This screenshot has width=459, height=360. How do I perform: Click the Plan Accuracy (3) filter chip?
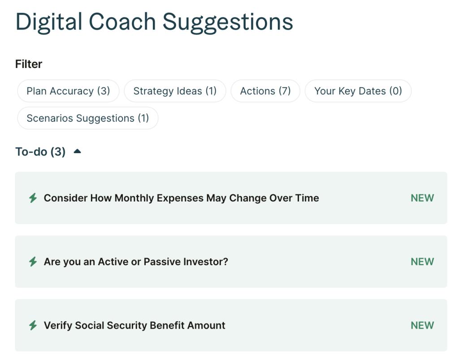point(68,91)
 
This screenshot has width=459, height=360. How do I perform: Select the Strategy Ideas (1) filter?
point(175,91)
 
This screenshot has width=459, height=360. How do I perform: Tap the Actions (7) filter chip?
point(265,91)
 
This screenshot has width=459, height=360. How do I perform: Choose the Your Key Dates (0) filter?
point(358,91)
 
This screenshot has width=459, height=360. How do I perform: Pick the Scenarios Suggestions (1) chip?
point(88,118)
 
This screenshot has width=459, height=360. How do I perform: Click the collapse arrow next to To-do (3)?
point(77,151)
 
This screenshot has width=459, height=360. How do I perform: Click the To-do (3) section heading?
point(40,152)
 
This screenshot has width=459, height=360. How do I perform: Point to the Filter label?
point(29,64)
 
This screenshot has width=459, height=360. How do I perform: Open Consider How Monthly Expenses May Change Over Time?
point(181,198)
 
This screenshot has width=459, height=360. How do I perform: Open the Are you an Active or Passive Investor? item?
point(136,262)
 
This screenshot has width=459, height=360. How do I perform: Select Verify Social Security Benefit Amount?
point(134,325)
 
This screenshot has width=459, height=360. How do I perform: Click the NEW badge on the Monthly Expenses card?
point(422,198)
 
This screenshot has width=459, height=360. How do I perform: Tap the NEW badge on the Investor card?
point(422,262)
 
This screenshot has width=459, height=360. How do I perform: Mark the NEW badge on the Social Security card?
point(422,325)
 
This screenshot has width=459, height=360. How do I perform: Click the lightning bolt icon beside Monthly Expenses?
point(33,198)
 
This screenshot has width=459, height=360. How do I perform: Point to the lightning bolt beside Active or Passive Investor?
point(33,262)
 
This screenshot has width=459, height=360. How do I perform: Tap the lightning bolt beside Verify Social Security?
point(33,325)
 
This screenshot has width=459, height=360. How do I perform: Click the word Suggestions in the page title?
point(228,22)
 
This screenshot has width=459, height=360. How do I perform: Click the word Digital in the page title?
point(49,22)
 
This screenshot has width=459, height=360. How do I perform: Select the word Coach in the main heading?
point(122,22)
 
